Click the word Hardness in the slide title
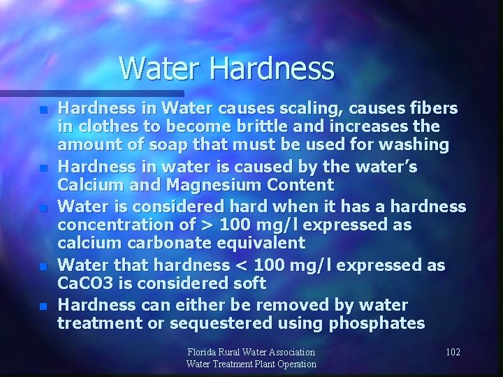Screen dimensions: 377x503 (x=272, y=69)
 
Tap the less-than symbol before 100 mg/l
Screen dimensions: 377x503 (x=240, y=265)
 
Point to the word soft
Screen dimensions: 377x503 (x=248, y=283)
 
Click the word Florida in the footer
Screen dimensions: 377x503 (x=205, y=352)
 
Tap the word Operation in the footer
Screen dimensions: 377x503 (x=292, y=364)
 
